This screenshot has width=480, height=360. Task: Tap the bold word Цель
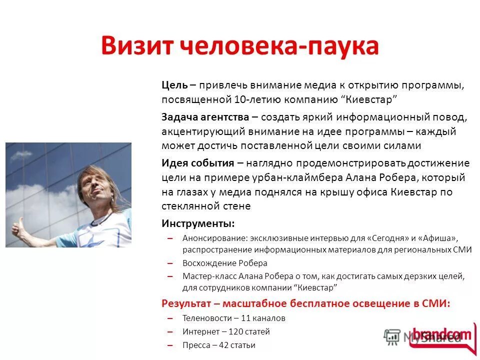(x=174, y=85)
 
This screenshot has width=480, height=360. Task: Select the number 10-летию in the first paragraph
(x=254, y=98)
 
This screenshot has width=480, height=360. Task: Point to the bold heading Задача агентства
(x=205, y=117)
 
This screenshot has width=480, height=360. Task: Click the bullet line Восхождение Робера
(x=224, y=263)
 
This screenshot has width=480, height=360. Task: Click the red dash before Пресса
(x=170, y=345)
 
